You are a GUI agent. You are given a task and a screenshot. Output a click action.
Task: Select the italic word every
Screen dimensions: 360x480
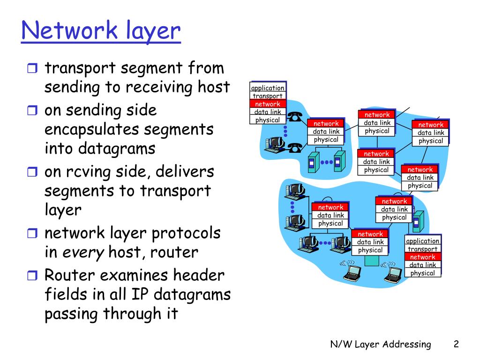(83, 253)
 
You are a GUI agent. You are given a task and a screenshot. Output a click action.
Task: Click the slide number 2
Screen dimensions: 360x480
(456, 345)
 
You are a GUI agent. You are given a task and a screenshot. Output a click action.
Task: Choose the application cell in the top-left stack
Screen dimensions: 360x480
(268, 88)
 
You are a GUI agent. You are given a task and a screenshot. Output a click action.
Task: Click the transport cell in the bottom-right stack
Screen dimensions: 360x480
(422, 249)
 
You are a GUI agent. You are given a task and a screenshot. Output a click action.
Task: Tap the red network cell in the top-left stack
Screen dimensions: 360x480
(268, 104)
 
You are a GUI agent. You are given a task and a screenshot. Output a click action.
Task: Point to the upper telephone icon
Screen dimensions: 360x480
(294, 116)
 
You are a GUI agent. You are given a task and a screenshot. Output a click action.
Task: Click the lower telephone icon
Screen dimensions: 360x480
(294, 148)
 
